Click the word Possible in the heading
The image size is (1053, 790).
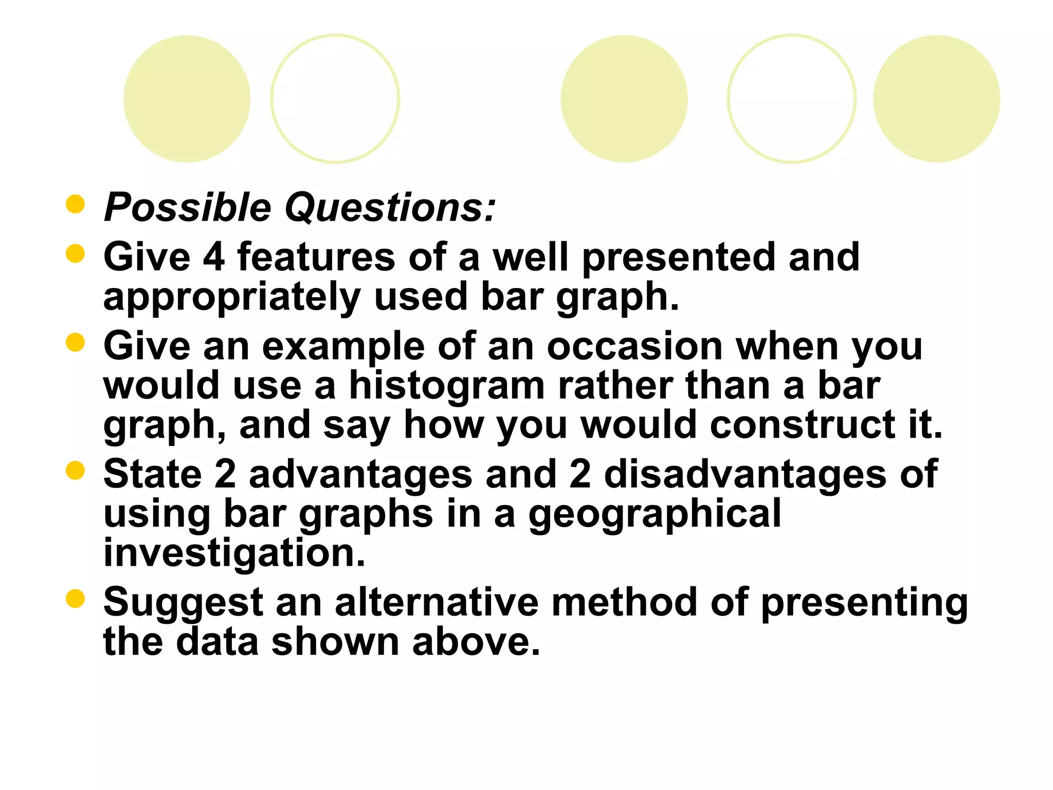click(188, 208)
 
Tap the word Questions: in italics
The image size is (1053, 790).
click(390, 208)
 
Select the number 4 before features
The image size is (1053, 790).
click(214, 257)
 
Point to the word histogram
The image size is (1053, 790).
click(447, 385)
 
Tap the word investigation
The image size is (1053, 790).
click(234, 552)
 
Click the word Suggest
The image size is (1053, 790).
click(183, 603)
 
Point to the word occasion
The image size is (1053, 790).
click(634, 346)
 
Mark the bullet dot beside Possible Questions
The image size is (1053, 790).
click(75, 204)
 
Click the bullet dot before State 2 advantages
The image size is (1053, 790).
click(75, 470)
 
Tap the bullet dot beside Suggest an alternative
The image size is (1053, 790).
click(75, 598)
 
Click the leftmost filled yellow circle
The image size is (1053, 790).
click(187, 99)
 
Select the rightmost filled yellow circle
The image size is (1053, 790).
click(936, 99)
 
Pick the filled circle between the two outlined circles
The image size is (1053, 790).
click(624, 99)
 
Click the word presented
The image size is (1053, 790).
click(678, 257)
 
